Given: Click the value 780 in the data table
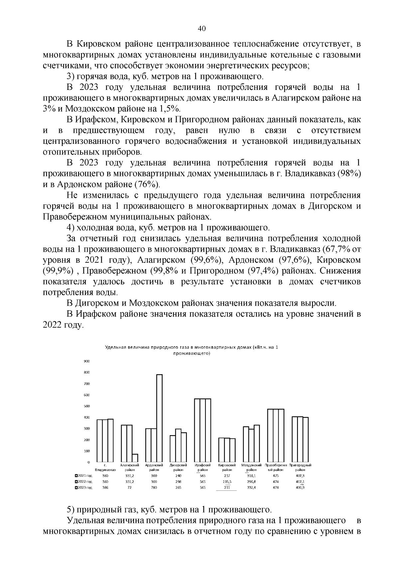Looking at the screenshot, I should click(154, 487).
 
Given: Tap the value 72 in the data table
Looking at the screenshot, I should click(130, 487).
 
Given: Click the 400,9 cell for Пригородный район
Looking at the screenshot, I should click(300, 487).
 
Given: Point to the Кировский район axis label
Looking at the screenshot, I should click(227, 467).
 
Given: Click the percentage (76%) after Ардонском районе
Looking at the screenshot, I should click(147, 184).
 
